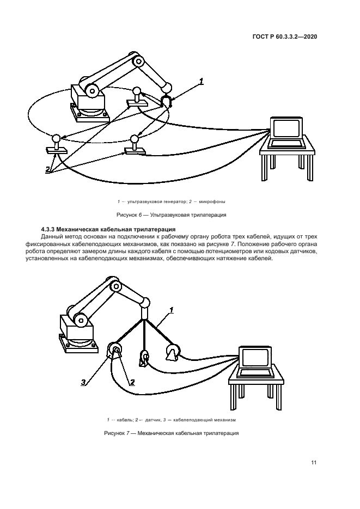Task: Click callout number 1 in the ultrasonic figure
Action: coord(201,82)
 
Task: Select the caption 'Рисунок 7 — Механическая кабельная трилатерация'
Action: coord(170,433)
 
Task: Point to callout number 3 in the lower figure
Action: coord(83,382)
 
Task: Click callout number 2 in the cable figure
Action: coord(131,382)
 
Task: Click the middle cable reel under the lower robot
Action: coord(145,358)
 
